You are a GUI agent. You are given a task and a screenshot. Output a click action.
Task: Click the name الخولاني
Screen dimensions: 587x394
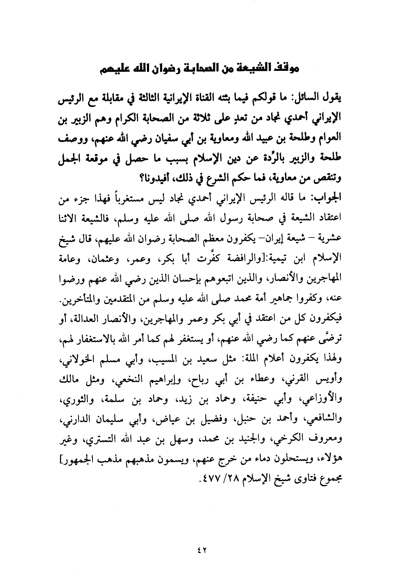pyautogui.click(x=65, y=361)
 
